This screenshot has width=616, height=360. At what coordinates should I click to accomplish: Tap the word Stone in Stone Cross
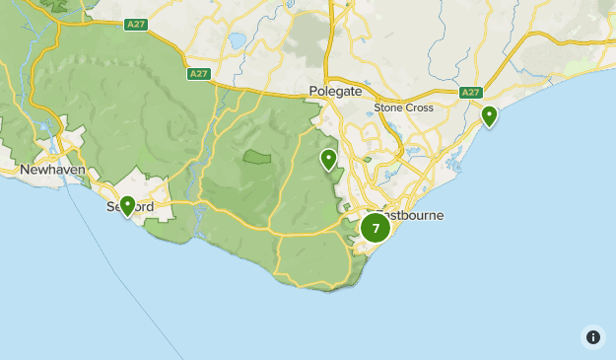pyautogui.click(x=387, y=108)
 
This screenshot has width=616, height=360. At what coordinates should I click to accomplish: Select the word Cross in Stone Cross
pyautogui.click(x=419, y=108)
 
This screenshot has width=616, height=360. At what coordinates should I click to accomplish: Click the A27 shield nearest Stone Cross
pyautogui.click(x=470, y=93)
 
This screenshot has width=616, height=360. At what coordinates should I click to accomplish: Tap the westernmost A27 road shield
pyautogui.click(x=136, y=24)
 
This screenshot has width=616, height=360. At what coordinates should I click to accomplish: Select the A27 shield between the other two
pyautogui.click(x=199, y=73)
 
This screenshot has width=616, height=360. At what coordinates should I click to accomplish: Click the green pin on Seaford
pyautogui.click(x=127, y=205)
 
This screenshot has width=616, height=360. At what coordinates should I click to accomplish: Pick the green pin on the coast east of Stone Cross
pyautogui.click(x=489, y=116)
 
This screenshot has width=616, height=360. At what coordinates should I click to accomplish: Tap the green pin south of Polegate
pyautogui.click(x=328, y=159)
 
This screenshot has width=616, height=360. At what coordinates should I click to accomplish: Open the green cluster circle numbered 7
pyautogui.click(x=376, y=228)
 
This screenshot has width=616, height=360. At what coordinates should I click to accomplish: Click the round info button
pyautogui.click(x=592, y=336)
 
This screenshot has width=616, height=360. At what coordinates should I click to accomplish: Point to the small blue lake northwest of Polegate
pyautogui.click(x=237, y=41)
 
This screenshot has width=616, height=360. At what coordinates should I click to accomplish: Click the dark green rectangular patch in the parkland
pyautogui.click(x=257, y=157)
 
